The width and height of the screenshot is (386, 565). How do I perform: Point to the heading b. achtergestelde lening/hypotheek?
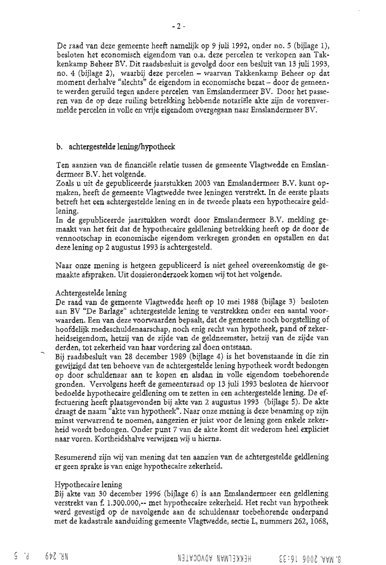[x=115, y=147]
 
